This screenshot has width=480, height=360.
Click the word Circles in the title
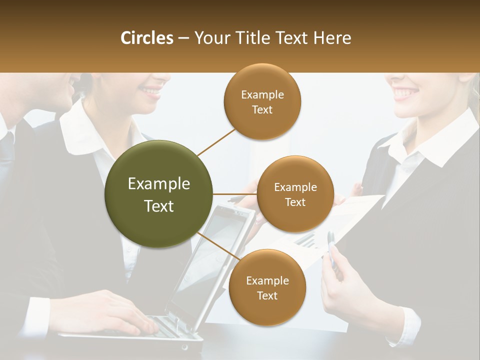[146, 38]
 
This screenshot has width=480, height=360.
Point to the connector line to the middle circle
[234, 194]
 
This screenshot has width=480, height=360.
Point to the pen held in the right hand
[332, 247]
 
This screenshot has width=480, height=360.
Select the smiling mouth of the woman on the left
[150, 91]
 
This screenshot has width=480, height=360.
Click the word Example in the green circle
[159, 184]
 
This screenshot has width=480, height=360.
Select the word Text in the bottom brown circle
[267, 295]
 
